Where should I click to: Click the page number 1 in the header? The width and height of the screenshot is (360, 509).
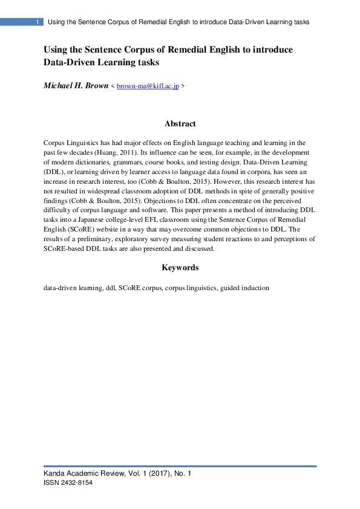38,22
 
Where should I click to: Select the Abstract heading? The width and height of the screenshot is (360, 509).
180,123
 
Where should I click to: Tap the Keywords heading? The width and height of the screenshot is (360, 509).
180,267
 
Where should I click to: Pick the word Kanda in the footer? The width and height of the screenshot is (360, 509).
54,474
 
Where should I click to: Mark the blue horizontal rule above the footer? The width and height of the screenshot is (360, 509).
180,466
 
